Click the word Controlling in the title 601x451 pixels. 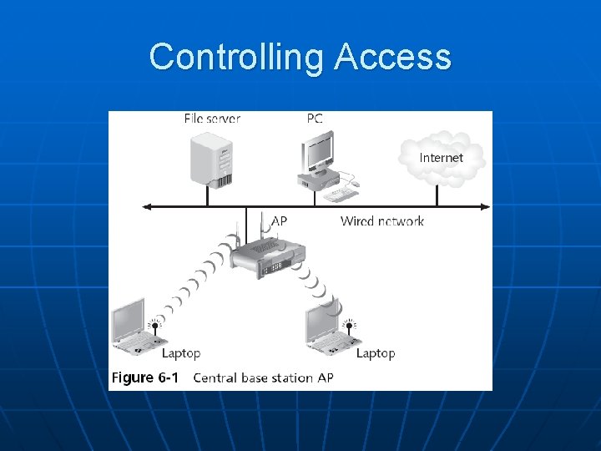(238, 57)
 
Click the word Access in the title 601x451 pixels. (392, 57)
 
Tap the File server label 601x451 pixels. (212, 119)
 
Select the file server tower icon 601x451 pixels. (210, 159)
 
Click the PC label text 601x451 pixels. (314, 119)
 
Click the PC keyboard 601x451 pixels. (341, 195)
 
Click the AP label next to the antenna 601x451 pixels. (280, 221)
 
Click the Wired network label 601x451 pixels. (381, 221)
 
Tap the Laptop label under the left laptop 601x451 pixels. (181, 353)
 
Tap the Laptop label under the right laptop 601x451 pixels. (376, 353)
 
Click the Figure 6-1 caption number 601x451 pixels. (145, 378)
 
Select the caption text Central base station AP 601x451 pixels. (263, 378)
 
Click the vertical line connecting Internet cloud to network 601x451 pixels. (437, 195)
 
